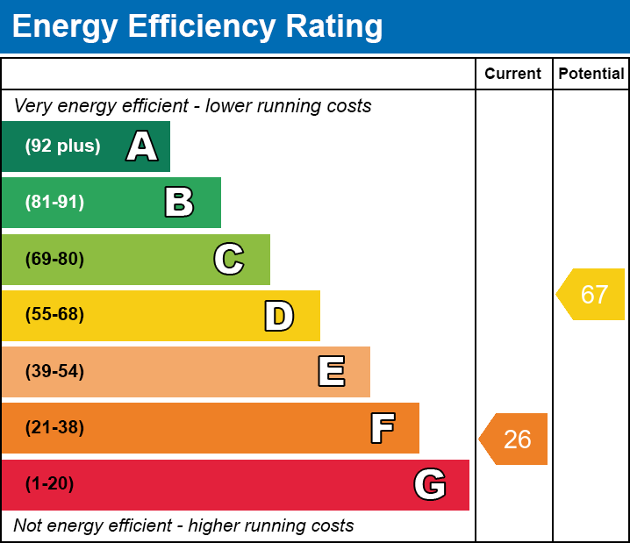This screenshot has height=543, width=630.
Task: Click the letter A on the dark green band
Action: (x=142, y=146)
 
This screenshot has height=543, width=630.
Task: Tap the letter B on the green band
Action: (x=179, y=203)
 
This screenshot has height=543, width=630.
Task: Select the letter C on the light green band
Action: (x=228, y=259)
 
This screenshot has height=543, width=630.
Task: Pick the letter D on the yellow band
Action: (x=279, y=316)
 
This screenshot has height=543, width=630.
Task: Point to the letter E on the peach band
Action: (x=331, y=372)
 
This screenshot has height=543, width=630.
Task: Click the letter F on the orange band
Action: (x=382, y=428)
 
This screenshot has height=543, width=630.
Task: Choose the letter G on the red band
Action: (x=430, y=484)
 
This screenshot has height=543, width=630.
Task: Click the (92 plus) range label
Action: (x=62, y=146)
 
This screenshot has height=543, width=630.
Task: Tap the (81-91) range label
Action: (x=54, y=203)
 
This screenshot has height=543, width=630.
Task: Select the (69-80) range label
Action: (x=54, y=259)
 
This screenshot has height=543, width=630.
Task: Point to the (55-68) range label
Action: (x=54, y=315)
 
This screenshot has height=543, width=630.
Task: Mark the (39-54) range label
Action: (x=54, y=372)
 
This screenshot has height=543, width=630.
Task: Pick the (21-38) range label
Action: (x=54, y=428)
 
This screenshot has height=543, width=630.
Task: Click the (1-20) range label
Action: (x=50, y=484)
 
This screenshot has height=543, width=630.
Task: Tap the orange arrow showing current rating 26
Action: (x=514, y=439)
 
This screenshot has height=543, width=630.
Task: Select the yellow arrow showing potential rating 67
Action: (x=592, y=294)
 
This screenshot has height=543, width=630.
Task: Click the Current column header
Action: (x=513, y=75)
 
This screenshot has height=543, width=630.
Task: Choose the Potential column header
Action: (x=591, y=75)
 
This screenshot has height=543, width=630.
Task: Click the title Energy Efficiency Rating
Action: (x=197, y=27)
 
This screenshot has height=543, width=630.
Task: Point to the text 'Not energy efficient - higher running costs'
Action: (x=183, y=526)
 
